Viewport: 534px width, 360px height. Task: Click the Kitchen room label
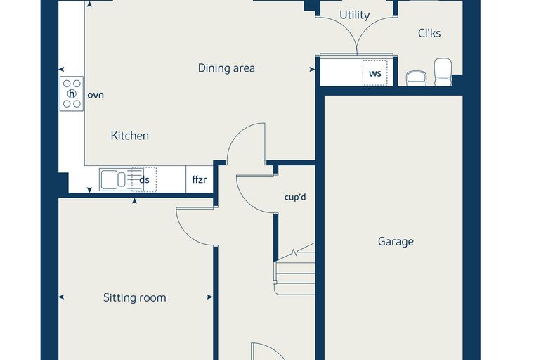(130, 136)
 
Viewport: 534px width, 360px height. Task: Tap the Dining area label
(226, 68)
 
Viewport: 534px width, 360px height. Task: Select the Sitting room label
(135, 297)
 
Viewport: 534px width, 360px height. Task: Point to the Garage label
(396, 242)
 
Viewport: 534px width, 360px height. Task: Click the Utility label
(355, 15)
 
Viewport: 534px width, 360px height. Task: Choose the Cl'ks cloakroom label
(429, 33)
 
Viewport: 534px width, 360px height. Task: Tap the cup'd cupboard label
(295, 197)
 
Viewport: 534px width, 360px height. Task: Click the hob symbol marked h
(72, 94)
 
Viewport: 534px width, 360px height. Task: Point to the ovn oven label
(96, 95)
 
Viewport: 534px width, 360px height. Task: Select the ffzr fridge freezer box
(200, 179)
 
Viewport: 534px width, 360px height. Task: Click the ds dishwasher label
(145, 180)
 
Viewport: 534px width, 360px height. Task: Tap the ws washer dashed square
(375, 73)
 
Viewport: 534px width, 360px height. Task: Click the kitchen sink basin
(110, 179)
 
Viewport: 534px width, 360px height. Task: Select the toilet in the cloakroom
(443, 72)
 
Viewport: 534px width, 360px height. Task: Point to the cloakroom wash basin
(416, 78)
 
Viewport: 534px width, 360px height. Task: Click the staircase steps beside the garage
(295, 273)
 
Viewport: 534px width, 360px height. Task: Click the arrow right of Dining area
(312, 70)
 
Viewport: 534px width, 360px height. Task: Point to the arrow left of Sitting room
(61, 297)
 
